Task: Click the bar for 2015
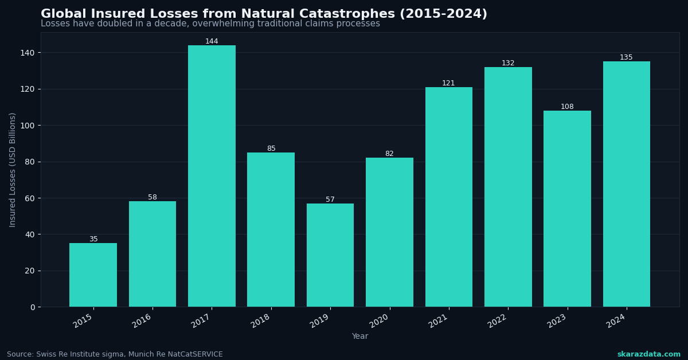tap(93, 275)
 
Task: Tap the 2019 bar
tap(330, 255)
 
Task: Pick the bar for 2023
tap(567, 209)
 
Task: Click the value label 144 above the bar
tap(212, 41)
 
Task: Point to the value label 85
tap(271, 148)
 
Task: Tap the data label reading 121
tap(448, 83)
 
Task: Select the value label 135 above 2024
tap(626, 57)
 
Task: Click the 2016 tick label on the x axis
tap(142, 320)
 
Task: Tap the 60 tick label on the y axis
tap(29, 198)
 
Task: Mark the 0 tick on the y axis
tap(32, 307)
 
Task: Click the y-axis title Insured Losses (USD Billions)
tap(13, 170)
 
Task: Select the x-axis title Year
tap(360, 336)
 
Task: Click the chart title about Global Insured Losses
tap(264, 14)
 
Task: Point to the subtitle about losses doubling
tap(210, 24)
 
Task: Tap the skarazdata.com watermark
tap(648, 354)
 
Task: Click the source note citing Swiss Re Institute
tap(115, 354)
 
